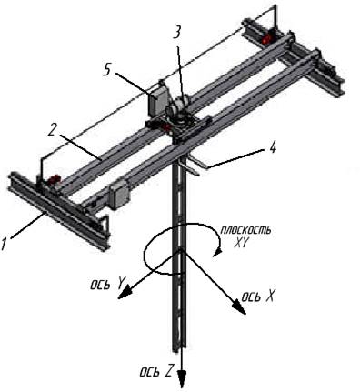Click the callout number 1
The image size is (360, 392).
tap(4, 243)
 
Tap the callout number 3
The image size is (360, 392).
tap(176, 31)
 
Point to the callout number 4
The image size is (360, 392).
tap(272, 148)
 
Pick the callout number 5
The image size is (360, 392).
tap(106, 70)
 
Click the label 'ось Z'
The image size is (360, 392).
tap(156, 371)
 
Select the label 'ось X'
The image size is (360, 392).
tap(257, 297)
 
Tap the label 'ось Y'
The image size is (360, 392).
tap(107, 284)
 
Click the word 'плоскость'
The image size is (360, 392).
tap(245, 231)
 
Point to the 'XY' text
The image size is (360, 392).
tap(241, 243)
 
